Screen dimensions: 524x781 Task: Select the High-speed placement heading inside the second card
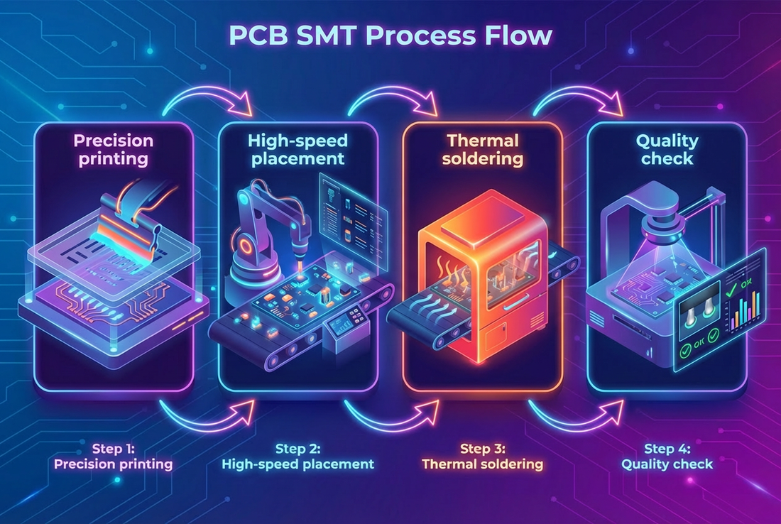pos(298,150)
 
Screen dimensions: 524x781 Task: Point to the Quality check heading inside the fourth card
pos(667,150)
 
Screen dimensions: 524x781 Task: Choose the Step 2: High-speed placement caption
pos(297,457)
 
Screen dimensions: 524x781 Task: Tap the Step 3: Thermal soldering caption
pos(482,457)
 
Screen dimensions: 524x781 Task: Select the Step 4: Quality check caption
pos(667,457)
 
